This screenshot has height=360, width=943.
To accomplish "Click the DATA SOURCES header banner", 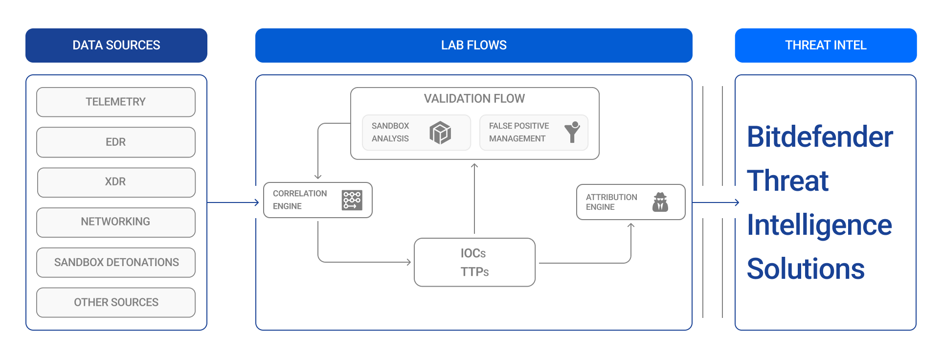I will pyautogui.click(x=116, y=45).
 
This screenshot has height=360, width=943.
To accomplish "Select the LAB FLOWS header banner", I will pyautogui.click(x=473, y=45).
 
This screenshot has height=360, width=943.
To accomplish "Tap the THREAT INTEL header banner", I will pyautogui.click(x=826, y=45).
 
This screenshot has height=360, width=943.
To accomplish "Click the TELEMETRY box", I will pyautogui.click(x=116, y=102).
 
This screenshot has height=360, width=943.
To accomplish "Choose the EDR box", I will pyautogui.click(x=116, y=142).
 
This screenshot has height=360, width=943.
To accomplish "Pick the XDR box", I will pyautogui.click(x=116, y=182).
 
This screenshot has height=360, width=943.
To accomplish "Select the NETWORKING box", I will pyautogui.click(x=116, y=222).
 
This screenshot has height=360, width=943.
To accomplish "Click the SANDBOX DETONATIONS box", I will pyautogui.click(x=116, y=262).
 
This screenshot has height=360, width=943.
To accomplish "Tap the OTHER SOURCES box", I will pyautogui.click(x=116, y=302).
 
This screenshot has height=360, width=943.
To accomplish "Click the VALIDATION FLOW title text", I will pyautogui.click(x=474, y=99).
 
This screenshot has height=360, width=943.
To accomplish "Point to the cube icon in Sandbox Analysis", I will pyautogui.click(x=440, y=133).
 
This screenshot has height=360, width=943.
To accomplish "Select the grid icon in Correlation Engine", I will pyautogui.click(x=352, y=200).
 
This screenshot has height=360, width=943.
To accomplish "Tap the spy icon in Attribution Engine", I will pyautogui.click(x=660, y=202).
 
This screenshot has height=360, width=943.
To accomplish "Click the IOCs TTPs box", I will pyautogui.click(x=474, y=262).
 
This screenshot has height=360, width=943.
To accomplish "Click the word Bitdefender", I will pyautogui.click(x=820, y=137).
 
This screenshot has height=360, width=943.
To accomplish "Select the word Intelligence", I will pyautogui.click(x=819, y=225).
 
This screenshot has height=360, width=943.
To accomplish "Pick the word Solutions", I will pyautogui.click(x=806, y=269).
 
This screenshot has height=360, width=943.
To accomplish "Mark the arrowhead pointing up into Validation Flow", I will pyautogui.click(x=474, y=166).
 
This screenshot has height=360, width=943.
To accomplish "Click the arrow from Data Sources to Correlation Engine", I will pyautogui.click(x=232, y=202).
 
